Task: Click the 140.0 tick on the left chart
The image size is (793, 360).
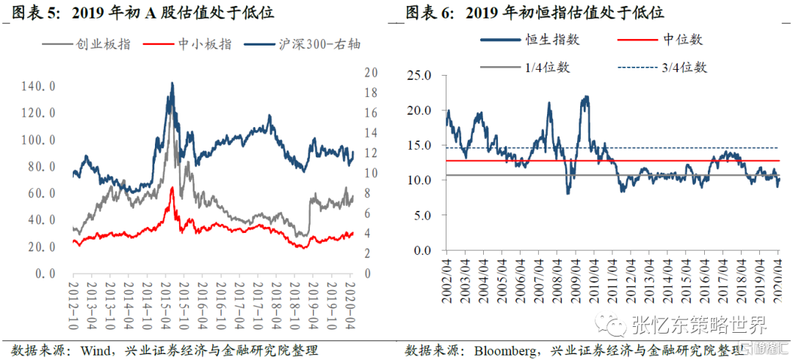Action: pos(40,86)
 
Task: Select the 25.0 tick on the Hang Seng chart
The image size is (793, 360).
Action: pos(419,74)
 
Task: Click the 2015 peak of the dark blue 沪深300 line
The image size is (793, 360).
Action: pos(172,84)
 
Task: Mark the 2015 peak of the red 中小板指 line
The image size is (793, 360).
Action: pos(172,188)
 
